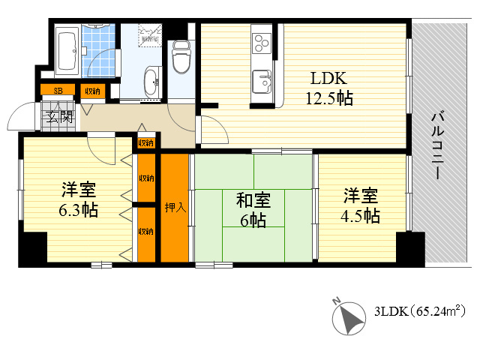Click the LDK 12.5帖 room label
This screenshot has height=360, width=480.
point(328,87)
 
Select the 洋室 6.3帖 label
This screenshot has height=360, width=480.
point(78,200)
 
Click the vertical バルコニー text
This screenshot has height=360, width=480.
point(438,145)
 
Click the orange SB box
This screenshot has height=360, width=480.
point(57,91)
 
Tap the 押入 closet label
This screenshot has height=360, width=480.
point(175,207)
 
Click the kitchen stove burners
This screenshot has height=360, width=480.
point(262,43)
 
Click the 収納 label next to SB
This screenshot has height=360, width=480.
point(93,91)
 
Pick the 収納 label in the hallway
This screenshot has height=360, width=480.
point(145,142)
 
